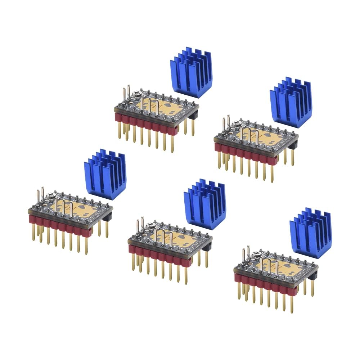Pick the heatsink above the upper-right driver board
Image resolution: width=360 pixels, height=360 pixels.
point(291,102)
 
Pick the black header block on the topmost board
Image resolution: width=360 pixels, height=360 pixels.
point(193,115)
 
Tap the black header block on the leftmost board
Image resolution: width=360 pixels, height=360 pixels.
point(107,216)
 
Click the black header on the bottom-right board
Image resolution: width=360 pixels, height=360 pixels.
point(312,275)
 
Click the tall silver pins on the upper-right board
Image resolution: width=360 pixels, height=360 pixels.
point(226,124)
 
